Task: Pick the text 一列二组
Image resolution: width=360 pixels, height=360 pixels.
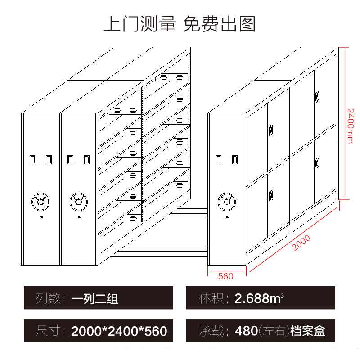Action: pyautogui.click(x=94, y=298)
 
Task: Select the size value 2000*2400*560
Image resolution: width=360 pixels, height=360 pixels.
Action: pyautogui.click(x=119, y=332)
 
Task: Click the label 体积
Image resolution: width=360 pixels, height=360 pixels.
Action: pyautogui.click(x=211, y=298)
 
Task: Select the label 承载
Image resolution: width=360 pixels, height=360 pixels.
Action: pyautogui.click(x=211, y=331)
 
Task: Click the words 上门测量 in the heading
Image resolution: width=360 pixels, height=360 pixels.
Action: pyautogui.click(x=139, y=23)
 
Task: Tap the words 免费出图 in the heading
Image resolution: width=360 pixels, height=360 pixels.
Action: pyautogui.click(x=219, y=23)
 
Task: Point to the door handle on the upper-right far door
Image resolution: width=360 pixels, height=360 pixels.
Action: pyautogui.click(x=318, y=95)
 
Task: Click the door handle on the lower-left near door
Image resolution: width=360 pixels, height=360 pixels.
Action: pyautogui.click(x=271, y=196)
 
